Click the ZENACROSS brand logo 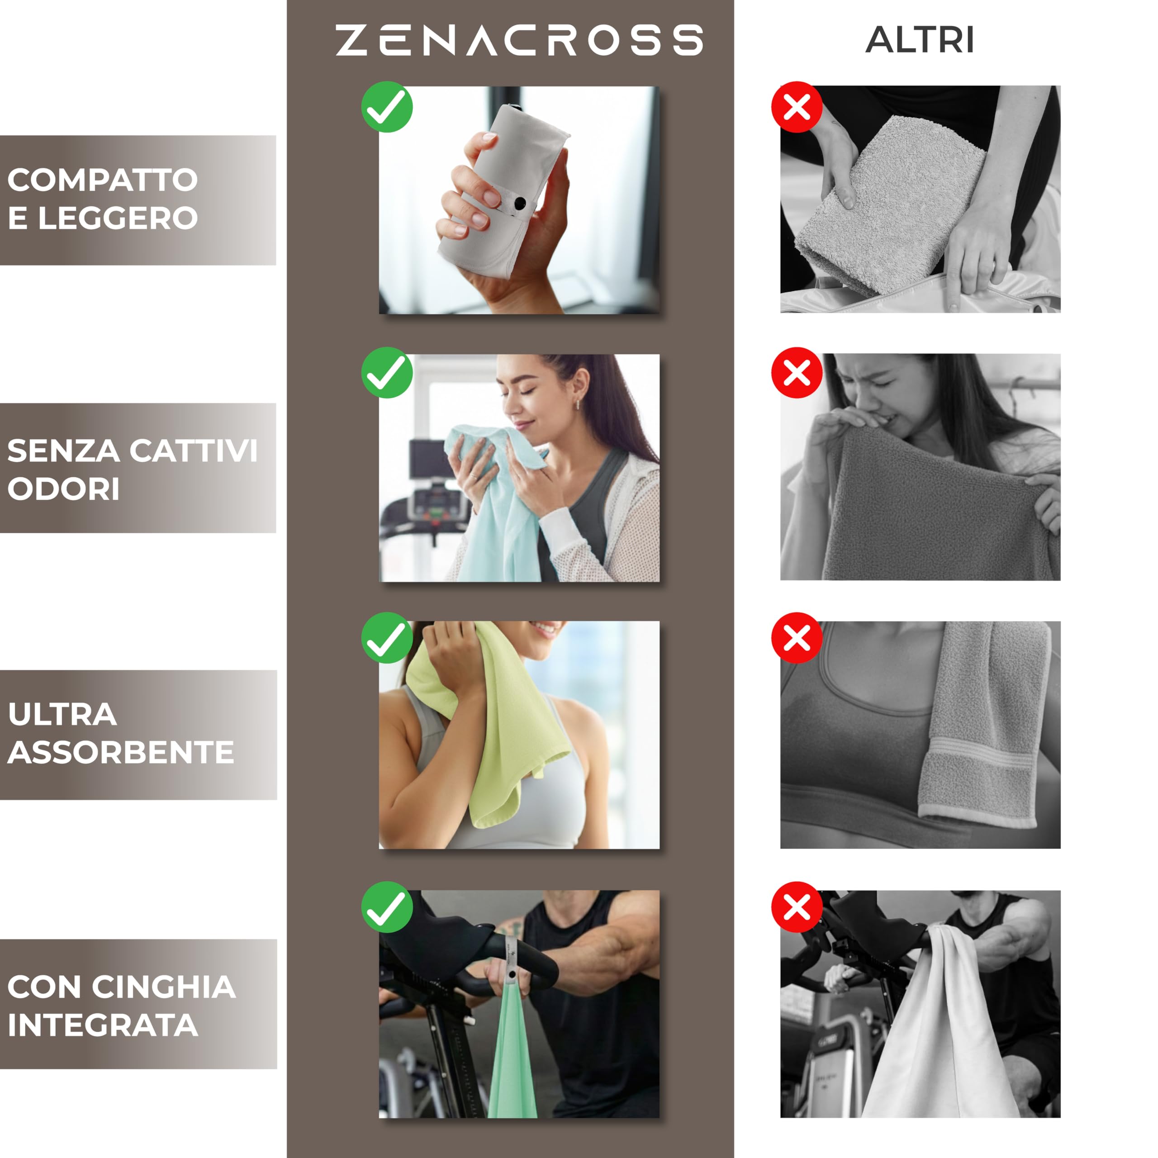[518, 40]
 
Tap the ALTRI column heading [920, 40]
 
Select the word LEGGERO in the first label [118, 218]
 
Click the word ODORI [63, 489]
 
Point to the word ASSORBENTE [120, 752]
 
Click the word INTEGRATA [103, 1025]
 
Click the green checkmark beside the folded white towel [387, 107]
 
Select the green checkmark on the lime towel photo [387, 638]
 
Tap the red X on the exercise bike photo [797, 907]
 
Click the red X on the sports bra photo [797, 638]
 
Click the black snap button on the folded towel [520, 203]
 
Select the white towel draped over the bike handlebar [947, 1031]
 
